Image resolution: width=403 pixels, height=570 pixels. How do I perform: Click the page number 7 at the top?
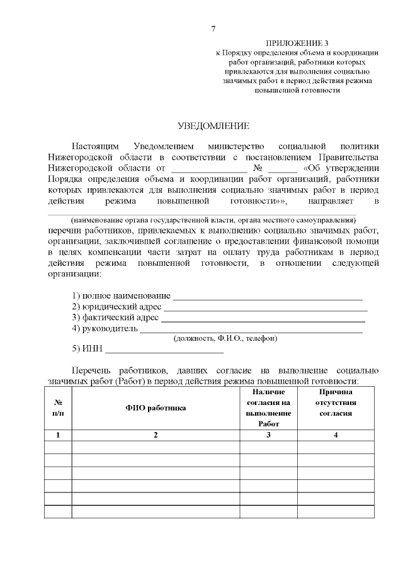213,29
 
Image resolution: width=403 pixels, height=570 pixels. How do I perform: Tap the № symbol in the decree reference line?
257,169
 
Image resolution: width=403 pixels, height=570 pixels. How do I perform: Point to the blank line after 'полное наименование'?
268,297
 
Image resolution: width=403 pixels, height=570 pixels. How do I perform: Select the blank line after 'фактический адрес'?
263,318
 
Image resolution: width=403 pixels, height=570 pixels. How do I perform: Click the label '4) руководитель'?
104,328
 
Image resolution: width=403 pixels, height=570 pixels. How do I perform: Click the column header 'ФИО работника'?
156,408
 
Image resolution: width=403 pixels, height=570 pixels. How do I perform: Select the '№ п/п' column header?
58,408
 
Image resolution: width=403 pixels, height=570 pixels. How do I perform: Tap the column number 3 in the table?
268,435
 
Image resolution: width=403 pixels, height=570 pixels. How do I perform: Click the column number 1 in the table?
58,435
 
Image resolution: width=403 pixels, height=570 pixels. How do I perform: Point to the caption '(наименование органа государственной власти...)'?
213,220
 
